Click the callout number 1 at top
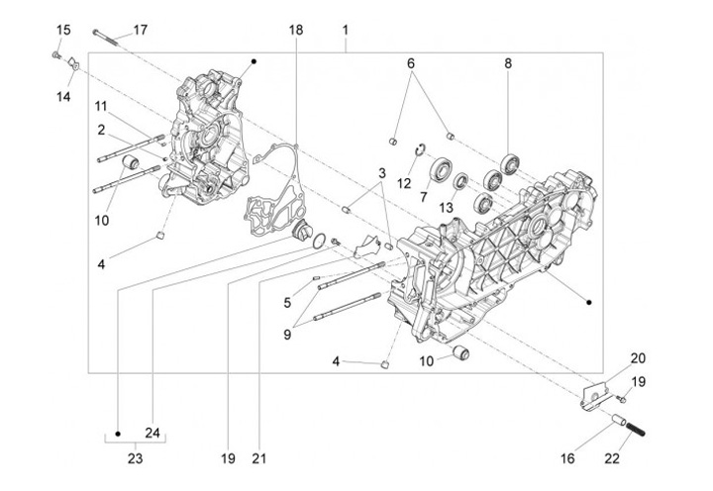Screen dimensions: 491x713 tap(346, 31)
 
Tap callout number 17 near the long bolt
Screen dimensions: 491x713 tap(140, 30)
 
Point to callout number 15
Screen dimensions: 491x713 tap(62, 31)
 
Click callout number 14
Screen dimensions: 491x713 tap(63, 95)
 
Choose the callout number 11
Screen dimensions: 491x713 tap(102, 106)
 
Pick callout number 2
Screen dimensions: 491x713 tap(102, 130)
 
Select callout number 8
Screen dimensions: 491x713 tap(508, 63)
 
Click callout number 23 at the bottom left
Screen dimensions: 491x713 tap(136, 458)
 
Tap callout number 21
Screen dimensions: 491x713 tap(259, 458)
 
